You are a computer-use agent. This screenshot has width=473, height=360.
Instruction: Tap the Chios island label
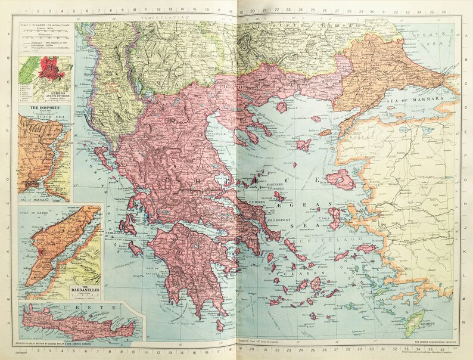coord(323,218)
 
